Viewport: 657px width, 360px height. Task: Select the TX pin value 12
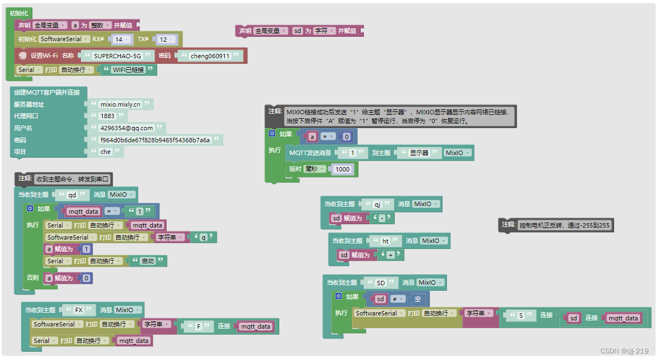click(163, 40)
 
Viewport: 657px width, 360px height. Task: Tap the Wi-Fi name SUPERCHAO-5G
click(118, 56)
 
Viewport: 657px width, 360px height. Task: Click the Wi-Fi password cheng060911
click(210, 56)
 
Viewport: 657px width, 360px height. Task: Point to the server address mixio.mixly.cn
click(120, 104)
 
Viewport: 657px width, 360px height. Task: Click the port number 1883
click(107, 116)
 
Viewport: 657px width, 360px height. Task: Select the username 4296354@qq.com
click(126, 128)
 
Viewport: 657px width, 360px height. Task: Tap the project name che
click(105, 152)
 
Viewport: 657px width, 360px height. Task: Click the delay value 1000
click(343, 169)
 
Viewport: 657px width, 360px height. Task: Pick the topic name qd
click(72, 195)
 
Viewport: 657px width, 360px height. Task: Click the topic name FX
click(78, 310)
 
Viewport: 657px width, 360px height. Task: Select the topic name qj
click(378, 204)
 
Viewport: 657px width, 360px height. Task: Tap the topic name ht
click(385, 241)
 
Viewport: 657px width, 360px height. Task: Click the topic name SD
click(380, 283)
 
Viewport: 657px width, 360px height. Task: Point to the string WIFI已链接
click(128, 70)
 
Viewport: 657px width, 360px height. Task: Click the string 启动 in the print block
click(148, 261)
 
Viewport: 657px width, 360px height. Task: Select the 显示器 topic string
click(419, 153)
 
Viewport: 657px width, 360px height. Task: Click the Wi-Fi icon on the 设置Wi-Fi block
click(23, 56)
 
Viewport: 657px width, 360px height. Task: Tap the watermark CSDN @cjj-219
click(624, 351)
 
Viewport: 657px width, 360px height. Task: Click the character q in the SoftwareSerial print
click(203, 237)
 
